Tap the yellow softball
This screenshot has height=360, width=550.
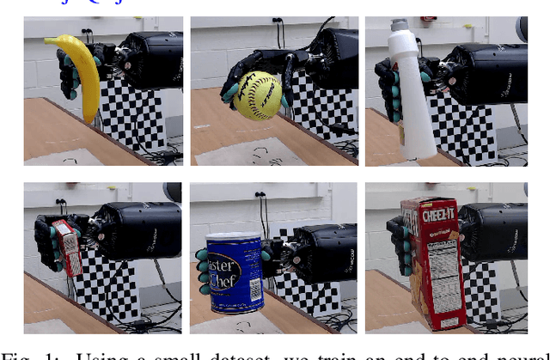click(257, 95)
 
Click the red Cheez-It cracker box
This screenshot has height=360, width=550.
click(433, 262)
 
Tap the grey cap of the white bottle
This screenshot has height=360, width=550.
click(398, 26)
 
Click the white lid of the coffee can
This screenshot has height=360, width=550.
click(235, 238)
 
